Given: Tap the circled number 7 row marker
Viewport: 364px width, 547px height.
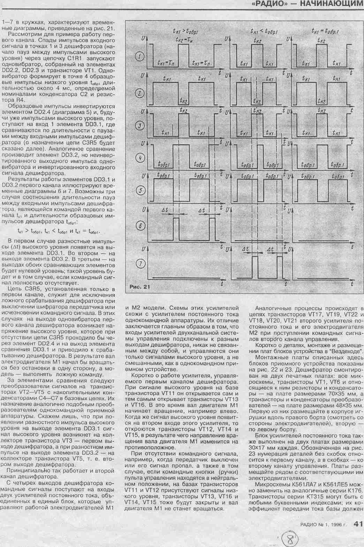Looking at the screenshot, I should [x=140, y=264].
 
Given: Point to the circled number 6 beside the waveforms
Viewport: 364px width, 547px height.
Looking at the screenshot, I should [x=140, y=225].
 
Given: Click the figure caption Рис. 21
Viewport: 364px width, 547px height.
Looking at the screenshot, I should [x=139, y=287].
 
